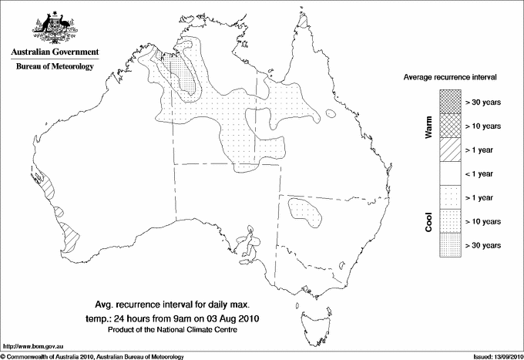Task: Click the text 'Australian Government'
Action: [54, 52]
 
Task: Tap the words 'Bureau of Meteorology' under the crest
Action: [54, 67]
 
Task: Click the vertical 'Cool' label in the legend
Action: [429, 221]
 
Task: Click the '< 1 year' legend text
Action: [482, 173]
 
